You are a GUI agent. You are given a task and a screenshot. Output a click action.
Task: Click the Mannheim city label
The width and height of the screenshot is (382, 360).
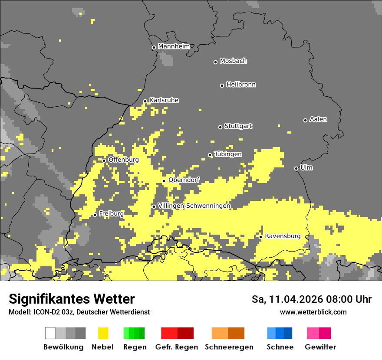[174, 46]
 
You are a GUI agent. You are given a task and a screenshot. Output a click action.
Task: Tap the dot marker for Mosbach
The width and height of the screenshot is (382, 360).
[215, 62]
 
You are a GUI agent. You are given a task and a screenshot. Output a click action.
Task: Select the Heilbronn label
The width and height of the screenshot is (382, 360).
[241, 85]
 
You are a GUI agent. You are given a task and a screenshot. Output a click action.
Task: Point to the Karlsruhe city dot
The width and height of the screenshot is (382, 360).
[145, 101]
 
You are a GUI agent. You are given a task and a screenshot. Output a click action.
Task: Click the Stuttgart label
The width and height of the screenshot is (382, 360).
[238, 126]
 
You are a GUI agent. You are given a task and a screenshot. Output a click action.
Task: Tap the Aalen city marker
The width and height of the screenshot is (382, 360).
[305, 120]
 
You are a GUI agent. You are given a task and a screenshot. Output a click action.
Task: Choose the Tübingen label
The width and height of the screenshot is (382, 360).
[228, 154]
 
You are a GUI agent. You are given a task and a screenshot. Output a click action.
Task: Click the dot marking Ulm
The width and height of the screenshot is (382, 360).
[296, 168]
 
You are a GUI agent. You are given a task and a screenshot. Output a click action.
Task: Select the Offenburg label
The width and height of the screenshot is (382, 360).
[124, 160]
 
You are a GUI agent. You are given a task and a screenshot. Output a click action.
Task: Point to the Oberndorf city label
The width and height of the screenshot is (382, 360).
[184, 180]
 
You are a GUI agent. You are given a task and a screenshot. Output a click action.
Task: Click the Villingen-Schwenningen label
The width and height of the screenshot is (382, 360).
[194, 206]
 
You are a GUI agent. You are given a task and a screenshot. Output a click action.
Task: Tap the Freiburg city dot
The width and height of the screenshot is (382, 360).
[95, 215]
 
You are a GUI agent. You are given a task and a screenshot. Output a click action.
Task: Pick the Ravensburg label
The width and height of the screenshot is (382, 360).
[283, 236]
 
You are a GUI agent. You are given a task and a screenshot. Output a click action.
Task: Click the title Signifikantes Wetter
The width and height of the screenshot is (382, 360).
[72, 299]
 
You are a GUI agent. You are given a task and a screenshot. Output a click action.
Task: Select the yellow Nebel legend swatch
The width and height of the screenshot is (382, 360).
[103, 333]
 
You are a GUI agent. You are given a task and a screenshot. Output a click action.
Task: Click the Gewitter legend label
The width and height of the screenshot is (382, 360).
[320, 347]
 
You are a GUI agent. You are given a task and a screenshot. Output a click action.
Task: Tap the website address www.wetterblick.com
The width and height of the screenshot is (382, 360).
[313, 312]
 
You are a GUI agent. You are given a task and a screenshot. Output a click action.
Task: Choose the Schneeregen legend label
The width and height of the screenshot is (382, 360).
[229, 347]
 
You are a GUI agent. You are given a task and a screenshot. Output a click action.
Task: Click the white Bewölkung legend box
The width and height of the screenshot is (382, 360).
[50, 333]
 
